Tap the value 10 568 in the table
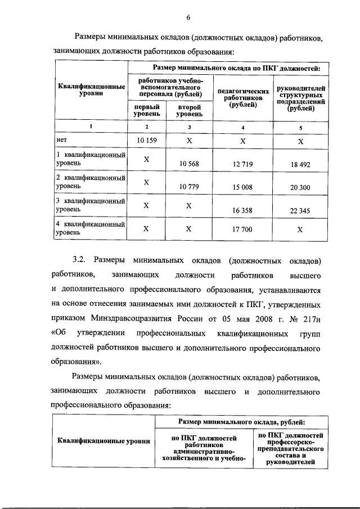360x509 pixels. coord(189,164)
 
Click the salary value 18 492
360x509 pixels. coord(300,164)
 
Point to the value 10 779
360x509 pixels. coord(189,187)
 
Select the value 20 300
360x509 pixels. coord(300,187)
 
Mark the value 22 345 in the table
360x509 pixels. coord(300,210)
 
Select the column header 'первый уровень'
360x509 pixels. coord(146,110)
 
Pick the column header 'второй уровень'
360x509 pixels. coord(189,110)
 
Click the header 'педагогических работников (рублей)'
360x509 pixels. coord(242,97)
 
